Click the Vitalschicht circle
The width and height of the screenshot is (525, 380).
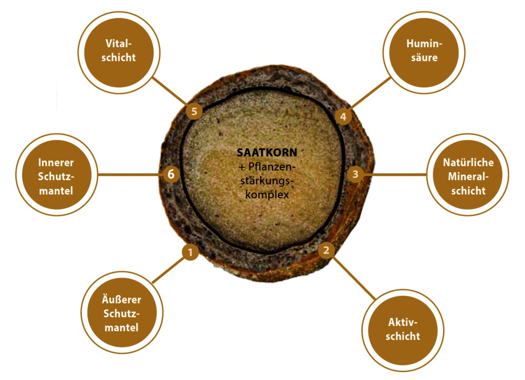[119, 52]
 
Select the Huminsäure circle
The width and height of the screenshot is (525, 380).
[424, 52]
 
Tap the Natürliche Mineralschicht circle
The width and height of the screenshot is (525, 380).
[468, 174]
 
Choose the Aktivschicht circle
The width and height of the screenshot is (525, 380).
[403, 330]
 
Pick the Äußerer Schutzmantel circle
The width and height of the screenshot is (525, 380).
[122, 312]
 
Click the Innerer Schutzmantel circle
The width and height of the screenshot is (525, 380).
[57, 174]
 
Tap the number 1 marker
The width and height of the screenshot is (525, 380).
[190, 252]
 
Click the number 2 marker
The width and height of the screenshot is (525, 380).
[326, 250]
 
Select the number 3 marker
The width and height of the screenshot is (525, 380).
[355, 174]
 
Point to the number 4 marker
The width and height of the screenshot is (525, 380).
[343, 117]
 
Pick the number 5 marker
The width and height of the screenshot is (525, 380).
[194, 111]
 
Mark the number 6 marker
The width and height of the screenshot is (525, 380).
[171, 174]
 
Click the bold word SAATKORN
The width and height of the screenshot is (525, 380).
[267, 153]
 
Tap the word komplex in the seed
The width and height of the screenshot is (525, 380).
[267, 195]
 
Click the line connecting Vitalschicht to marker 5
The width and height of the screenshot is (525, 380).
[170, 91]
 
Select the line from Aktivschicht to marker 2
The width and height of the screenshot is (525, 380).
[354, 278]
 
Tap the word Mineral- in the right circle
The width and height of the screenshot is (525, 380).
[468, 176]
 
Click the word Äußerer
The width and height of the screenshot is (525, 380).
[122, 299]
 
